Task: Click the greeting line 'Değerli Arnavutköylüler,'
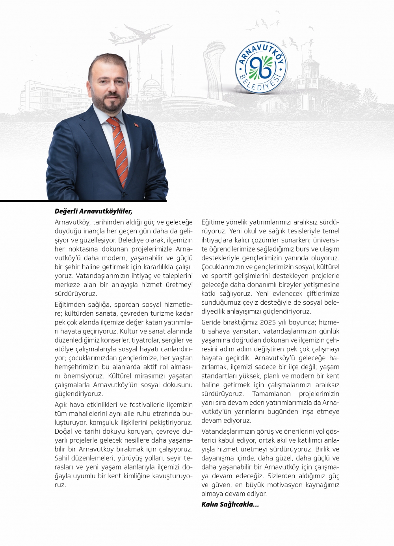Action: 93,211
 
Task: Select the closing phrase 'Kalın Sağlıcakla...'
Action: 230,504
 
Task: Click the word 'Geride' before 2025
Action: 211,322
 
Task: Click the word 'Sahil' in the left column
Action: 62,458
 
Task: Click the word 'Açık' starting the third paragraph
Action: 62,404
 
